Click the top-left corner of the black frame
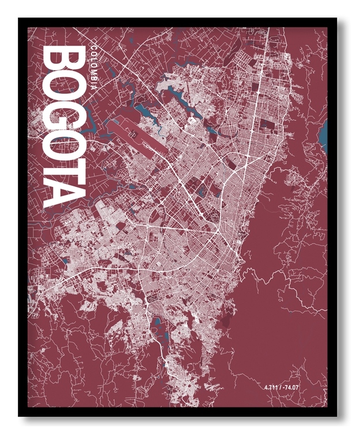click(20, 19)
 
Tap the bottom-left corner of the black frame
click(20, 415)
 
